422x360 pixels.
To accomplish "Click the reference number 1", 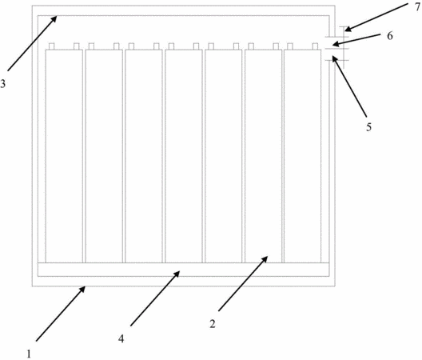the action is [29, 354].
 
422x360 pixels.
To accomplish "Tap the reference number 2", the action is [213, 324].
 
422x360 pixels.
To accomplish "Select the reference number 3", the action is [2, 84].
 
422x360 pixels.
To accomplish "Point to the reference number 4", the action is [121, 338].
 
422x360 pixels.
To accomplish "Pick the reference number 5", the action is [368, 127].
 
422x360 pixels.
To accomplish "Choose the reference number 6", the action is [390, 35].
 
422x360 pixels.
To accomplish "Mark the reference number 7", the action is [418, 7].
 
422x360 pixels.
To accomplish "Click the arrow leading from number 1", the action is [61, 314].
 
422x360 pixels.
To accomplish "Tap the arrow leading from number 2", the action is [243, 283].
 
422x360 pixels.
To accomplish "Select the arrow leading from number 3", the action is [32, 43].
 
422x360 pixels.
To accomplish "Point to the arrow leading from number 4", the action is [155, 298].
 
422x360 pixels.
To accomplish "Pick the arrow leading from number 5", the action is [349, 86].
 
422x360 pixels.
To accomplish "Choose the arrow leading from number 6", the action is [356, 40].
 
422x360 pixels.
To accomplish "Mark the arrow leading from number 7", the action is [376, 17].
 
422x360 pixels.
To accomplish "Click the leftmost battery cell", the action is [64, 156].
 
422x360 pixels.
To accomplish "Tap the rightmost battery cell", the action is [302, 156].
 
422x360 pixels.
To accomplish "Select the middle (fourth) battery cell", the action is [184, 156].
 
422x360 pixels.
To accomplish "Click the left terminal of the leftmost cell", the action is [52, 46].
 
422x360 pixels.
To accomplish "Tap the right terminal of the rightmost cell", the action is [315, 46].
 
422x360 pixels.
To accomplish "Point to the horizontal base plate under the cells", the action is [183, 270].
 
